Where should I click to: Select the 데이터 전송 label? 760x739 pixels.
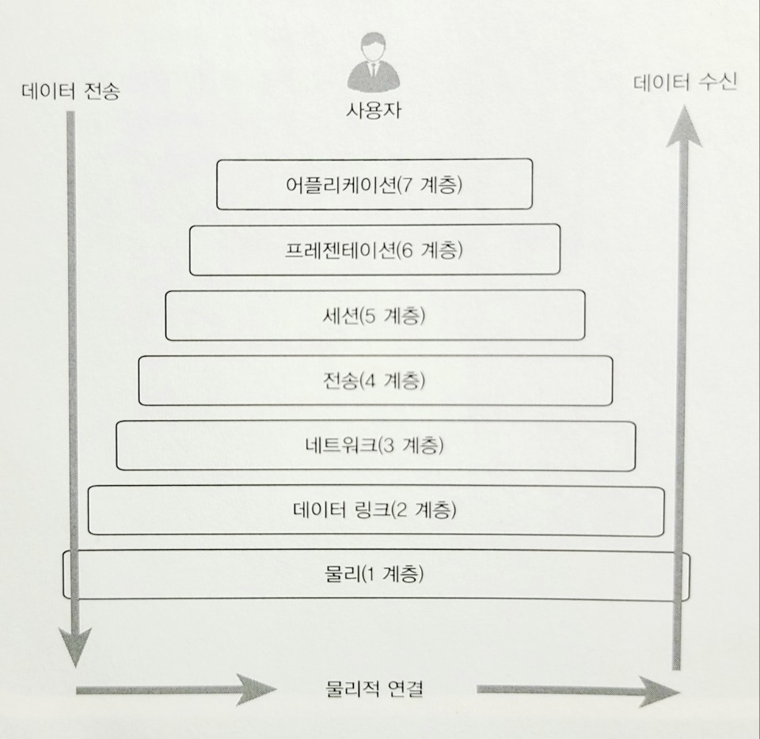[71, 91]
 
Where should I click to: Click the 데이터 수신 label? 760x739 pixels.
[685, 81]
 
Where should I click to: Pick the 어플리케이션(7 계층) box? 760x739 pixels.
[374, 184]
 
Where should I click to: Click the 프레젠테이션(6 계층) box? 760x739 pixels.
[374, 250]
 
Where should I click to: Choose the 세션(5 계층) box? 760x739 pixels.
[374, 316]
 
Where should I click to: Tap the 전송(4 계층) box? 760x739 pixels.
[374, 381]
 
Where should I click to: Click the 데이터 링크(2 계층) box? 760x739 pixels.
[374, 510]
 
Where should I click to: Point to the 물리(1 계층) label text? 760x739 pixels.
[374, 574]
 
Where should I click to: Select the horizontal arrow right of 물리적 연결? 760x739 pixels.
[578, 691]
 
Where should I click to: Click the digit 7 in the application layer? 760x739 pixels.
[408, 185]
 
